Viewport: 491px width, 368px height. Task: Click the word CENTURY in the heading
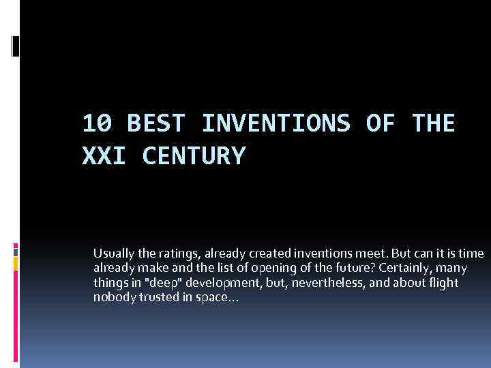(193, 156)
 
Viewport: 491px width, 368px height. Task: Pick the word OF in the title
(379, 124)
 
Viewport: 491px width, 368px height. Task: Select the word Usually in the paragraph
(114, 254)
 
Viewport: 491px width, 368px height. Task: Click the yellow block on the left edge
(15, 262)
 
